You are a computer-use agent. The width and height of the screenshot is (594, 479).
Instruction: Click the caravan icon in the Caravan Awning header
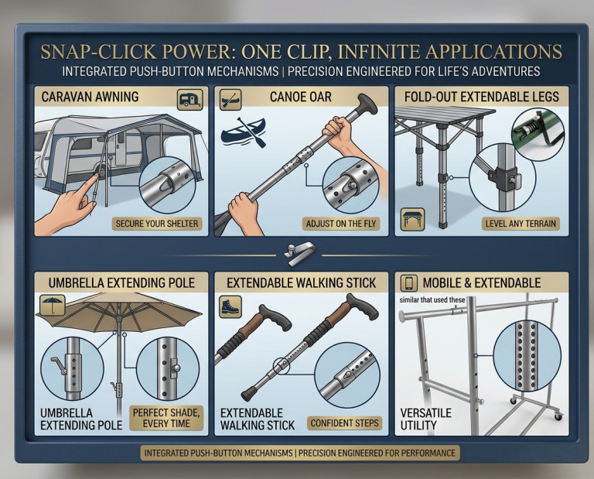(x=189, y=99)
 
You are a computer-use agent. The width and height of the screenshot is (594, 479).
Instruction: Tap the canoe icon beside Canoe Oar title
(x=230, y=100)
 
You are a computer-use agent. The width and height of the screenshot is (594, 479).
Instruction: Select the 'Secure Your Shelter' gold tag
(x=157, y=224)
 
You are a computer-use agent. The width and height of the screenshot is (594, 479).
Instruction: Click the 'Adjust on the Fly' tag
(x=341, y=224)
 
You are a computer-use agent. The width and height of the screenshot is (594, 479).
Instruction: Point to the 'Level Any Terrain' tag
(x=521, y=224)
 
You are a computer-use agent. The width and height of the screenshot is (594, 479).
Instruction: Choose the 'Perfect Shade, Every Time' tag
(x=166, y=418)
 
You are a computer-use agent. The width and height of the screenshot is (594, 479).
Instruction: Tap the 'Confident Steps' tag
(x=344, y=423)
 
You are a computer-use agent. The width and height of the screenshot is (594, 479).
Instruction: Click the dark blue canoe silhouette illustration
(x=243, y=132)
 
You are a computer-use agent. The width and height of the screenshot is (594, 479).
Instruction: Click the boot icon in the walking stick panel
(x=230, y=306)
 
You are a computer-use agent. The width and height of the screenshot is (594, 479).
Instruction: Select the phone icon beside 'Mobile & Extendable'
(x=408, y=283)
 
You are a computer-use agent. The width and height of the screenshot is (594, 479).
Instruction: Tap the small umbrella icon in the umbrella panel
(x=53, y=305)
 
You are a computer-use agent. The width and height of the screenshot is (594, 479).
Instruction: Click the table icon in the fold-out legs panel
(x=412, y=220)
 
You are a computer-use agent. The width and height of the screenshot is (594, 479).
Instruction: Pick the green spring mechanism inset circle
(x=538, y=135)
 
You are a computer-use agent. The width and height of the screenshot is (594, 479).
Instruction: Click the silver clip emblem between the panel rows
(x=299, y=253)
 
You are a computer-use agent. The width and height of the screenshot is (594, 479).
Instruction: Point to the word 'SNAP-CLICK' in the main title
(x=98, y=52)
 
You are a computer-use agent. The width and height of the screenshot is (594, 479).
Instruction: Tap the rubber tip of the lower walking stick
(x=250, y=394)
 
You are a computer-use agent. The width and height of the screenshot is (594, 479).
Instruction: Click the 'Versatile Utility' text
(x=426, y=419)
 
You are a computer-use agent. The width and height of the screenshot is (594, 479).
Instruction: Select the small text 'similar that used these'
(x=432, y=299)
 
